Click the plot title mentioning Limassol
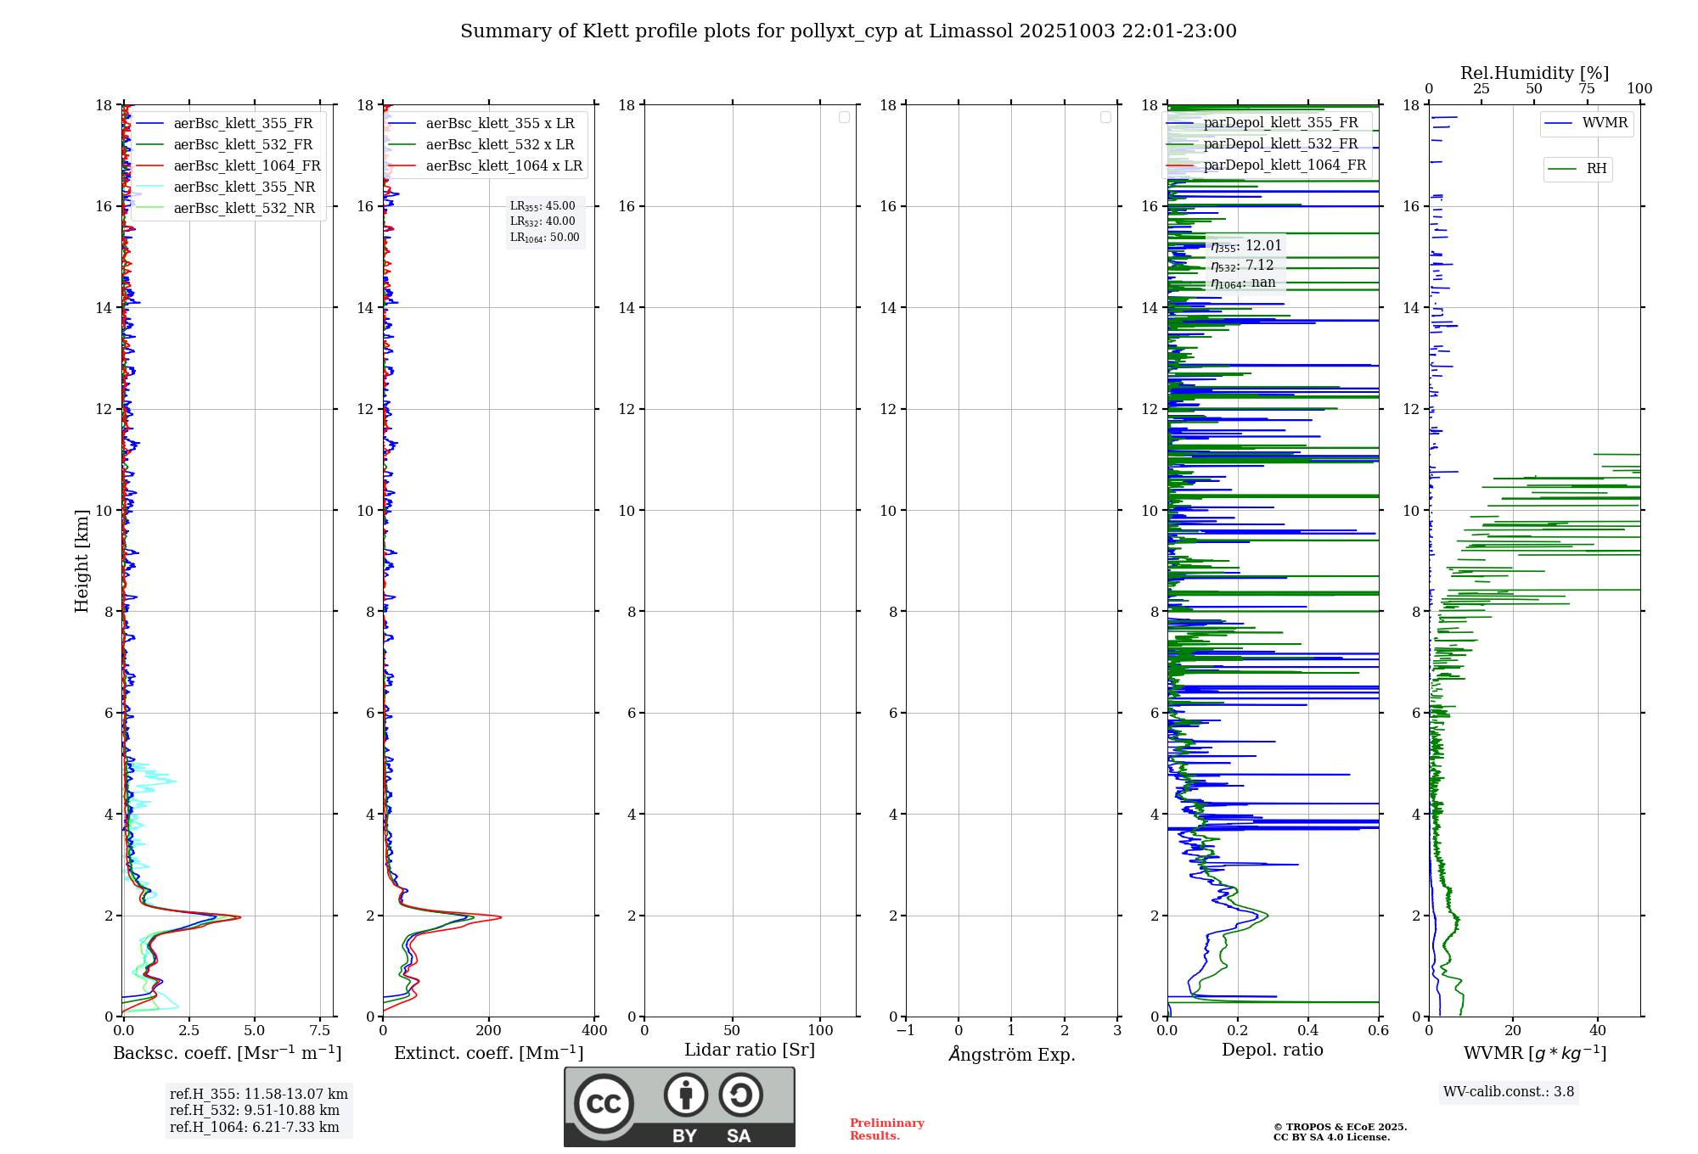click(x=848, y=31)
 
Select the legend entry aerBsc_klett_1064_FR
click(x=246, y=166)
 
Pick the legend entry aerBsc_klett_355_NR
click(x=244, y=188)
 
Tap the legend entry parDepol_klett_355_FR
click(x=1280, y=123)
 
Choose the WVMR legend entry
click(x=1605, y=123)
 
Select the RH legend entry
click(x=1596, y=169)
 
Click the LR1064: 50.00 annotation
click(x=544, y=238)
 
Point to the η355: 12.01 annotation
click(x=1245, y=246)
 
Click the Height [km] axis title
click(x=82, y=561)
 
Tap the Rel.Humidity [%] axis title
click(x=1534, y=73)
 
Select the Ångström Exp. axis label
click(x=1011, y=1055)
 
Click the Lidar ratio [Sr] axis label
click(x=750, y=1050)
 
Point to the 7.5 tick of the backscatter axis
click(x=320, y=1031)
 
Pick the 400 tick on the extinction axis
click(x=594, y=1031)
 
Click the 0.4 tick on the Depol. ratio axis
click(x=1308, y=1031)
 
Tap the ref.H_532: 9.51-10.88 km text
click(x=254, y=1111)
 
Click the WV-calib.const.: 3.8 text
click(x=1509, y=1092)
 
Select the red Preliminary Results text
click(x=886, y=1129)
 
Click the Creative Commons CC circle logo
click(x=604, y=1104)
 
